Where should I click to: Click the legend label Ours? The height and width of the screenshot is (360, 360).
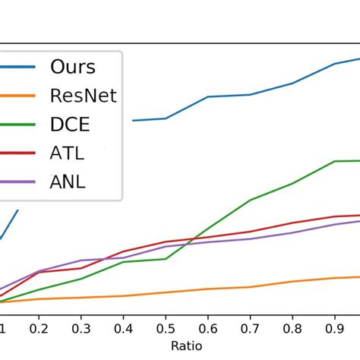point(73,67)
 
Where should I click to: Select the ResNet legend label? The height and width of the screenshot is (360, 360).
point(84,96)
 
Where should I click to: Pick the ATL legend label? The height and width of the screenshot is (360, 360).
point(68,153)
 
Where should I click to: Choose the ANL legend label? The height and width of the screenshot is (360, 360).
point(68,182)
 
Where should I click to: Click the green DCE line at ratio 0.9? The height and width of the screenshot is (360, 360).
point(335,161)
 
